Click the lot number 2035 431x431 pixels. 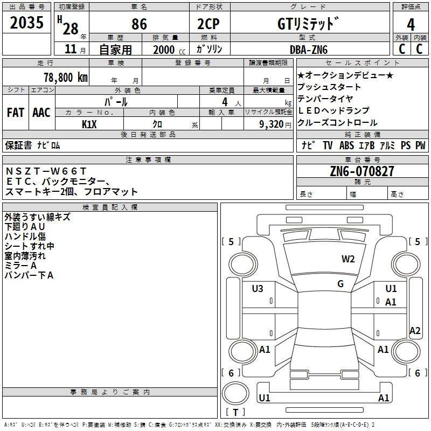click(x=26, y=23)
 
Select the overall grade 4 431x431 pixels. click(x=411, y=25)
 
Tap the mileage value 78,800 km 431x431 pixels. click(x=66, y=78)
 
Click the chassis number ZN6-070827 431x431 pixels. click(x=362, y=171)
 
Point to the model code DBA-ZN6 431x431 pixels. click(x=309, y=50)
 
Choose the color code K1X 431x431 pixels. click(x=89, y=124)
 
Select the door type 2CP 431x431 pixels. click(x=208, y=24)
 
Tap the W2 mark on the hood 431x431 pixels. click(x=348, y=259)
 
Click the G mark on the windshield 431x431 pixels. click(x=340, y=284)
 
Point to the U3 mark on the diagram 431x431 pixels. click(x=258, y=289)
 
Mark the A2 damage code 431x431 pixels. click(x=415, y=331)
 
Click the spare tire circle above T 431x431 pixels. click(x=235, y=393)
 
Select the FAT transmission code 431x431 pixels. click(x=16, y=113)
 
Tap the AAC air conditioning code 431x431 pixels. click(x=41, y=113)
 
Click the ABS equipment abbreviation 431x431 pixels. click(x=346, y=145)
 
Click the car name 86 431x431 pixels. click(x=139, y=24)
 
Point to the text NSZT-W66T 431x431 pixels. click(x=46, y=171)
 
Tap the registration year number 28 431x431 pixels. click(x=71, y=29)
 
